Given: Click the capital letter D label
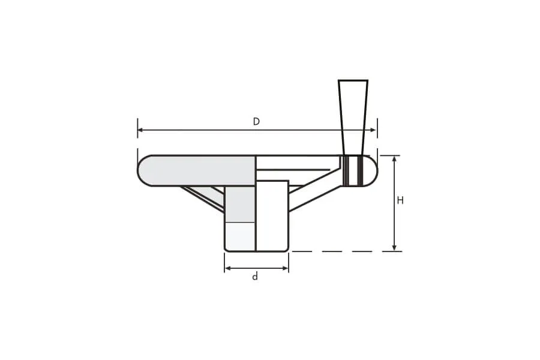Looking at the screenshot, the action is (256, 122).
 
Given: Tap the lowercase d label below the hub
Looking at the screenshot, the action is (255, 276).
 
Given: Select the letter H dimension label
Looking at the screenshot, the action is (400, 200).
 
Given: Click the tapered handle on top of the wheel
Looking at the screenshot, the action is (353, 117).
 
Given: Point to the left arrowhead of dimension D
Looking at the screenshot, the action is (140, 130).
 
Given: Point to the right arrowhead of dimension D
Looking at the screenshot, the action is (373, 130).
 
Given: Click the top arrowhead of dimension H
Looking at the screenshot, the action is (395, 159).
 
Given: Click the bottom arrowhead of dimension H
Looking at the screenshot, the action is (395, 248).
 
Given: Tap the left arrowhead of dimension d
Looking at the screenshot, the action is (227, 268).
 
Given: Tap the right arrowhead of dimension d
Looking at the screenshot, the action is (285, 268).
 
